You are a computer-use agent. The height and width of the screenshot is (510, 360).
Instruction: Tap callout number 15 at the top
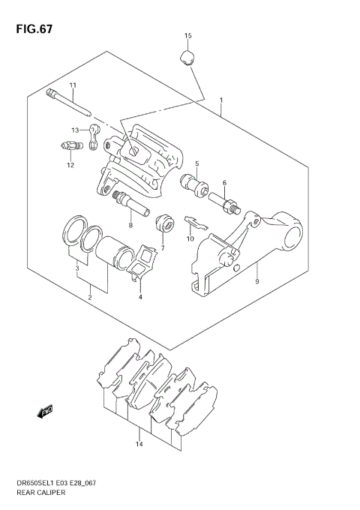(188, 36)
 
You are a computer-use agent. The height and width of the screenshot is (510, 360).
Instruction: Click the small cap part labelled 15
(188, 57)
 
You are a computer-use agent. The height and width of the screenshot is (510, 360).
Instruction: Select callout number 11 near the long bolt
(73, 85)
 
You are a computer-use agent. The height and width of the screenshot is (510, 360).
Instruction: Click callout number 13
(76, 130)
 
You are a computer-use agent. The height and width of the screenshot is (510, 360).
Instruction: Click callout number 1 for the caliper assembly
(221, 100)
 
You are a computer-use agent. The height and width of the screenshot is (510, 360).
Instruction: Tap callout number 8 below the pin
(130, 224)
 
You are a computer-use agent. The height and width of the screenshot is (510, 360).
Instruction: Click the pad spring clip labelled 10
(194, 222)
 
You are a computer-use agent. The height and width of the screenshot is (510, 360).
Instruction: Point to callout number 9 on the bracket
(257, 282)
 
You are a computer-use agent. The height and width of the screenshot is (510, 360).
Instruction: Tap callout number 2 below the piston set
(90, 298)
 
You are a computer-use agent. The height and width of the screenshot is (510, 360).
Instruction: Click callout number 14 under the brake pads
(139, 444)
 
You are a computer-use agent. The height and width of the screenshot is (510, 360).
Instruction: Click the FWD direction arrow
(46, 409)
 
